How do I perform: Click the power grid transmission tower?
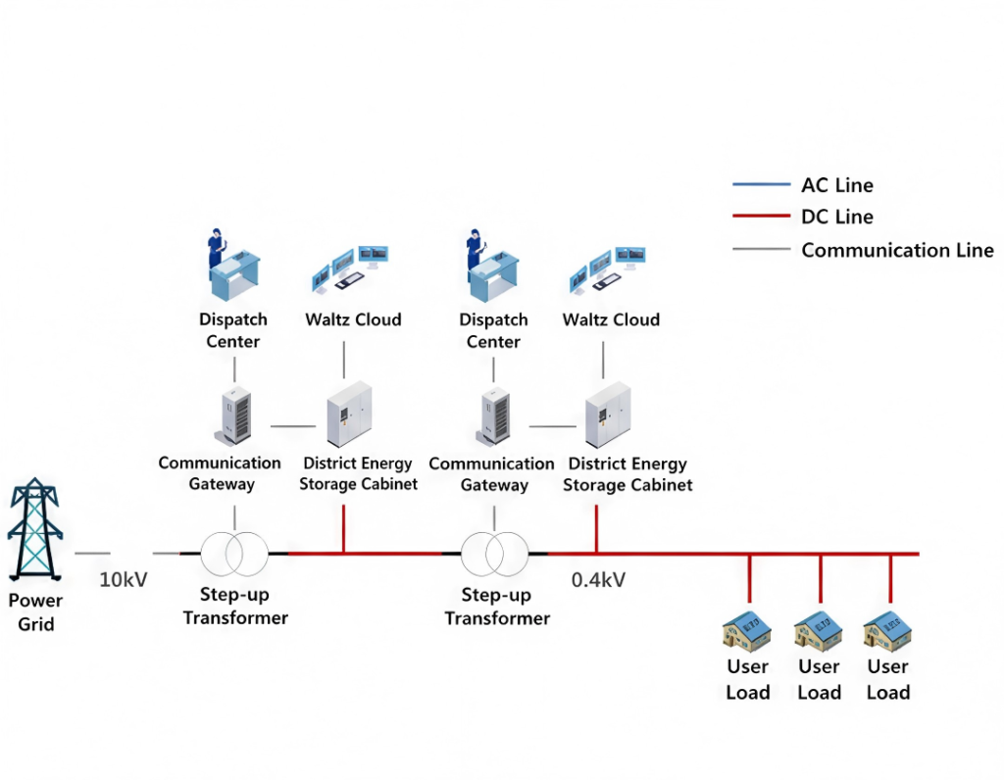click(x=35, y=529)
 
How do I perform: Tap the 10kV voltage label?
click(x=123, y=580)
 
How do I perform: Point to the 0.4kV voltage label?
click(x=598, y=580)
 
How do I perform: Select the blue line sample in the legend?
click(x=761, y=184)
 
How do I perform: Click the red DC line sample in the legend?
click(x=761, y=217)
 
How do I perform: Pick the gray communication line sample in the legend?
click(x=761, y=249)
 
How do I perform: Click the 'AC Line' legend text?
click(x=837, y=185)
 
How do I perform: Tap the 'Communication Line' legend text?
click(x=897, y=250)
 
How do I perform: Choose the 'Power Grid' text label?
click(x=35, y=611)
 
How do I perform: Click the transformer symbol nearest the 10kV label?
click(x=234, y=554)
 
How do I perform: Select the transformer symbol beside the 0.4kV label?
click(x=494, y=554)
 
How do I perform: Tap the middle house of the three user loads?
click(x=819, y=630)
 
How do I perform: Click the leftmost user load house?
click(x=747, y=630)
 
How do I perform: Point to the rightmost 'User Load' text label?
click(x=888, y=679)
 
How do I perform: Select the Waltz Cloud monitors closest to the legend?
click(x=608, y=268)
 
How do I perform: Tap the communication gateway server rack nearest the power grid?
click(x=234, y=415)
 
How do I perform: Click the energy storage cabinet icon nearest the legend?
click(x=608, y=414)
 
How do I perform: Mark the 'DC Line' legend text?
click(x=837, y=217)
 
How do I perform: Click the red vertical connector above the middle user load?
click(x=821, y=579)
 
